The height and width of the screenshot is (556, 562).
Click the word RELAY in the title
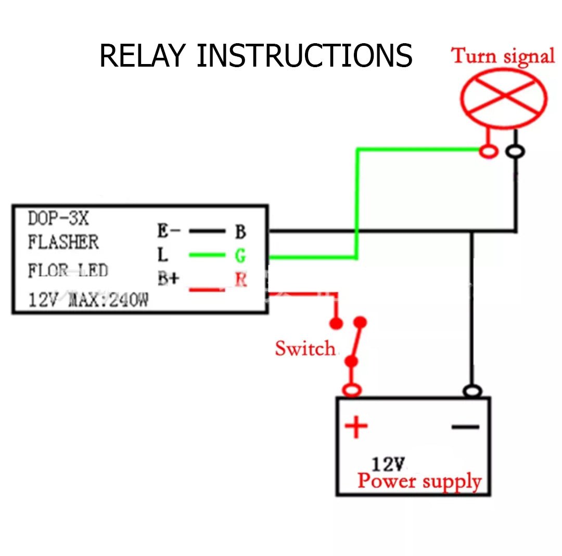tap(142, 56)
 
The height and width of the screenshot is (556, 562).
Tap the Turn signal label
tap(503, 56)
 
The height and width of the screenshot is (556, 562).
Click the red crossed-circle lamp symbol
tap(503, 98)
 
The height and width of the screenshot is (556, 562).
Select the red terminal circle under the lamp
tap(488, 151)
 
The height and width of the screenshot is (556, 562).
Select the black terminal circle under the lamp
tap(516, 151)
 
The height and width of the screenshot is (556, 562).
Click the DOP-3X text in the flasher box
tap(58, 219)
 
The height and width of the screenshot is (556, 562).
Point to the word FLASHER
tap(63, 242)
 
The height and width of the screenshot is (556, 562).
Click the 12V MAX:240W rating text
tap(88, 300)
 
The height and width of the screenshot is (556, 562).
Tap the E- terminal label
tap(169, 231)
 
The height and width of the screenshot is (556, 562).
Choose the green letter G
tap(240, 256)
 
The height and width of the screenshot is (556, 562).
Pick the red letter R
tap(240, 280)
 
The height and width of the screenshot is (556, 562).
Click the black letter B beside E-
tap(240, 232)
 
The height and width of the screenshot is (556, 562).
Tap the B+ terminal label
tap(168, 279)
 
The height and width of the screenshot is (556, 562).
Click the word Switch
tap(305, 348)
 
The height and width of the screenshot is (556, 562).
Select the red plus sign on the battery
tap(356, 427)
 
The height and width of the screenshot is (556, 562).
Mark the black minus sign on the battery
tap(465, 427)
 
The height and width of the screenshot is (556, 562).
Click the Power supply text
tap(419, 481)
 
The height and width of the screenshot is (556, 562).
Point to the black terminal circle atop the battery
tap(472, 391)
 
